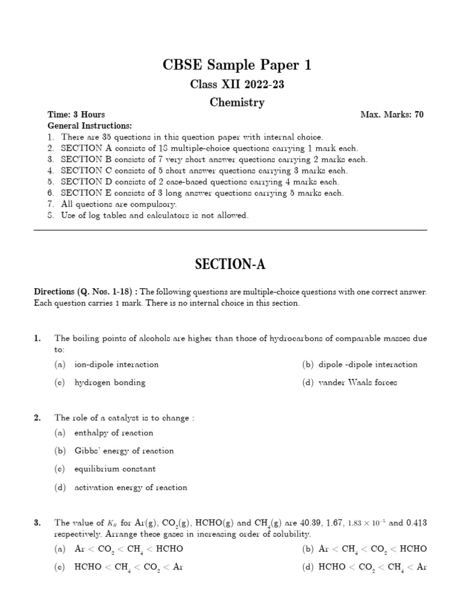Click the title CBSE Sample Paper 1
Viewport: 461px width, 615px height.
(x=237, y=65)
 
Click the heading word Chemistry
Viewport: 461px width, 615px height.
(x=237, y=103)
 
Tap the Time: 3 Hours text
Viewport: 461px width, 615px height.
(x=76, y=115)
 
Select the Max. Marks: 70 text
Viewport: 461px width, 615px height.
(x=392, y=115)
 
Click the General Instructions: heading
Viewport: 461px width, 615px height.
(x=89, y=126)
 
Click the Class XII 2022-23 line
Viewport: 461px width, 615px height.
(x=237, y=84)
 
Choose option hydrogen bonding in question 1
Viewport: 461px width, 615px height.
(x=109, y=383)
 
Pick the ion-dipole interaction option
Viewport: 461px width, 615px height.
(x=116, y=365)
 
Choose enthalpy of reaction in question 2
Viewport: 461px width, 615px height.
(x=113, y=433)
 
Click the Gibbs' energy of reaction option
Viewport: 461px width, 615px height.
(x=124, y=451)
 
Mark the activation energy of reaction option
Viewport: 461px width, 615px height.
(x=130, y=488)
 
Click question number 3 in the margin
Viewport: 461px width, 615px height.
(x=37, y=523)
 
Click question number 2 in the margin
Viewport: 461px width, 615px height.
(x=37, y=417)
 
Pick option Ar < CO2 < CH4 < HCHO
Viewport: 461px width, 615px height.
(x=128, y=549)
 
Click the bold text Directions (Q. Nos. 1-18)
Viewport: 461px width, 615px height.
(x=85, y=292)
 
